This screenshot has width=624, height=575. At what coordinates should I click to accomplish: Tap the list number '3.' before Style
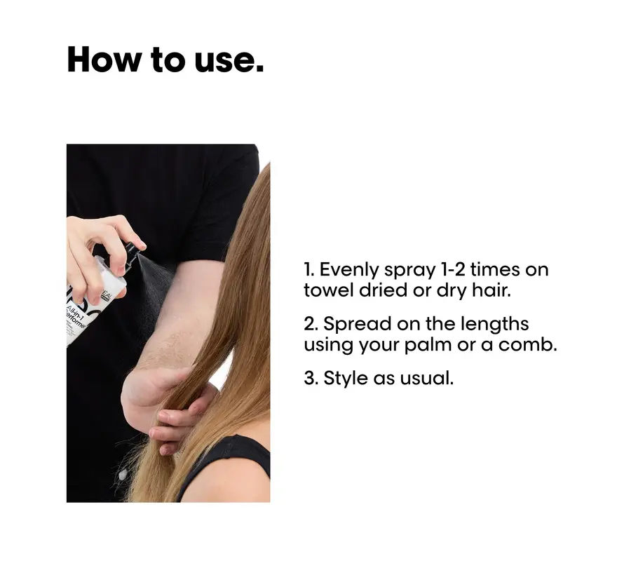(x=311, y=379)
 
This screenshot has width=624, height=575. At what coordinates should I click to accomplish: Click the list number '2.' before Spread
(x=311, y=325)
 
